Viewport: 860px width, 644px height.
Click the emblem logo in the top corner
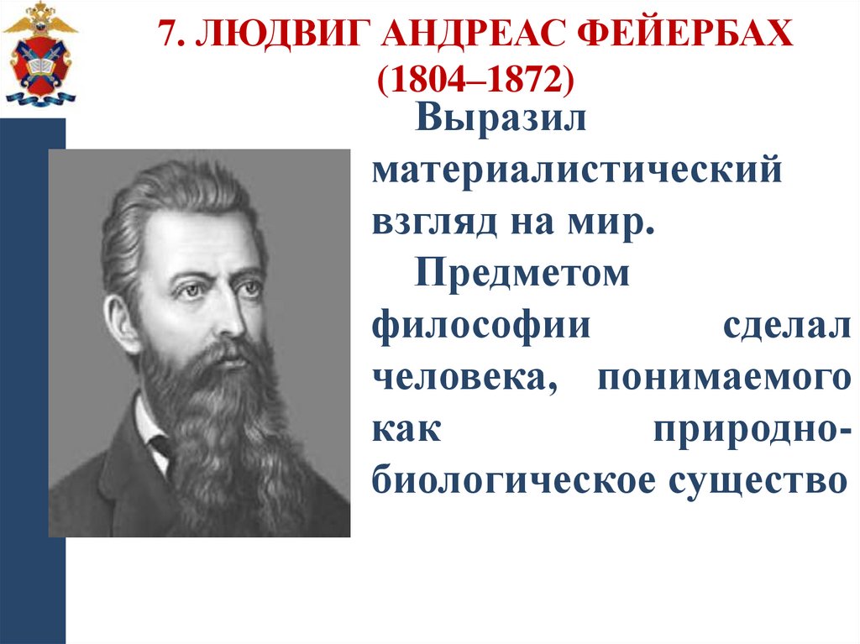click(x=39, y=54)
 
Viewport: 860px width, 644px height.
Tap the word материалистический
click(x=578, y=173)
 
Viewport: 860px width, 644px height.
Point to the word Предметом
click(x=522, y=275)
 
